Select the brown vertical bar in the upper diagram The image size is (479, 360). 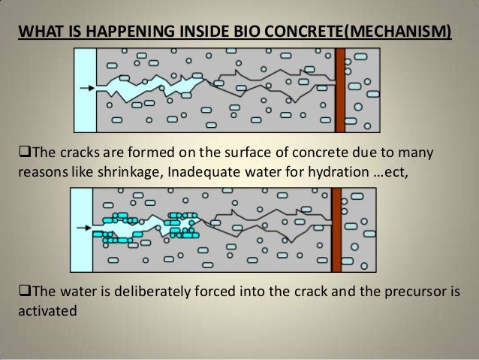(340, 89)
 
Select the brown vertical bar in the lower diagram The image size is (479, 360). (336, 228)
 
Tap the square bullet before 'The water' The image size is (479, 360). (21, 292)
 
